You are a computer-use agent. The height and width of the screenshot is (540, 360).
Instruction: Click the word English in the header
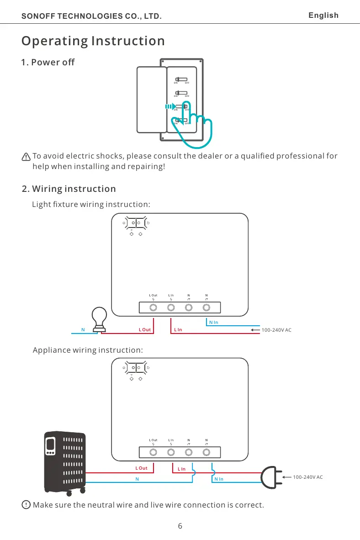pos(323,16)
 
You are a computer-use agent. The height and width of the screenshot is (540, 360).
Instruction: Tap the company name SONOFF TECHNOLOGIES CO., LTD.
pos(92,16)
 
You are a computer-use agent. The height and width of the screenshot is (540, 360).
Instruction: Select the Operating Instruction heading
pos(93,41)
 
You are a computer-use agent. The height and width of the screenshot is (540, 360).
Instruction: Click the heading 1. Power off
pos(48,62)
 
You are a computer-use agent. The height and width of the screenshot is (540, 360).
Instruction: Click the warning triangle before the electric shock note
pos(26,157)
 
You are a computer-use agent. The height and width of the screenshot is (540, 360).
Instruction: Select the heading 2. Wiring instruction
pos(69,189)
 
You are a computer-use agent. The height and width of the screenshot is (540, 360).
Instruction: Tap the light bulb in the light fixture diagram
pos(100,318)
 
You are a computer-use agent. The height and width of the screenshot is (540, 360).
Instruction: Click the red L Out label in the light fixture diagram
pos(145,329)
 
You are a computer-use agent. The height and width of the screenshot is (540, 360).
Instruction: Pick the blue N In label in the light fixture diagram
pos(213,323)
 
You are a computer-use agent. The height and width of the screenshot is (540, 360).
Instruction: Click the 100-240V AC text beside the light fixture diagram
pos(276,329)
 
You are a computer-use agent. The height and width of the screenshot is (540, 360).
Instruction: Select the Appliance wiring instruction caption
pos(88,350)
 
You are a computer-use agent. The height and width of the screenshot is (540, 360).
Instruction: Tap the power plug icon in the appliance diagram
pos(270,477)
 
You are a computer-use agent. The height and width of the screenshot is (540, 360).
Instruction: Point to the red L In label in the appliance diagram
pos(181,469)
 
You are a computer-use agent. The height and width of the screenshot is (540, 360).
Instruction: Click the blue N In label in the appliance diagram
pos(219,479)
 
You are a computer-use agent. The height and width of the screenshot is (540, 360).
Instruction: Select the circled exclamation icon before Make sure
pos(26,505)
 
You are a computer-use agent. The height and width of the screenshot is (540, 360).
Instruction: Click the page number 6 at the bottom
pos(180,526)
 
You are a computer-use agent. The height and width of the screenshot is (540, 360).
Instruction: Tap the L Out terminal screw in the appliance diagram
pos(154,452)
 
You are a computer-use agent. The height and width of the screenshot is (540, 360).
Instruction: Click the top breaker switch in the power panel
pos(181,79)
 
